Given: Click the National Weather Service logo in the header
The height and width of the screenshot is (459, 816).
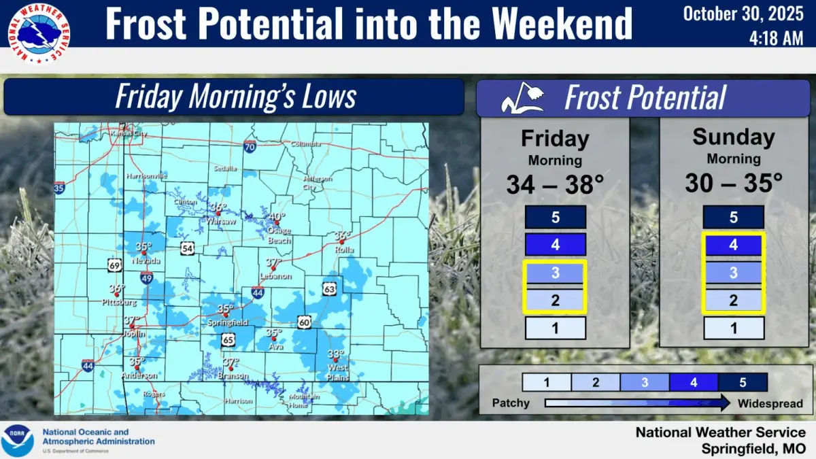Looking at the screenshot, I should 37,33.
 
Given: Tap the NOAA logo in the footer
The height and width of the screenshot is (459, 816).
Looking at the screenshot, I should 18,440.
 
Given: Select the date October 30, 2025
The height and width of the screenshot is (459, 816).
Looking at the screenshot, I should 743,13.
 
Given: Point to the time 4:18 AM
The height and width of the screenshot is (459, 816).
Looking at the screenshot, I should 777,39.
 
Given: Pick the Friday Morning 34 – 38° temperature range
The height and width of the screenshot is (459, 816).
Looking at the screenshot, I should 555,184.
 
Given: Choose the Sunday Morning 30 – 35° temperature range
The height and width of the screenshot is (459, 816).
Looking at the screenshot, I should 733,183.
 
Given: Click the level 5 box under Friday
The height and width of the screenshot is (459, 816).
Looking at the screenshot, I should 555,218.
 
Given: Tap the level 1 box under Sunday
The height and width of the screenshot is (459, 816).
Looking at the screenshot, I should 733,328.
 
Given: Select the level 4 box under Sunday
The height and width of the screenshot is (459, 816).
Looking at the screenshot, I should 733,245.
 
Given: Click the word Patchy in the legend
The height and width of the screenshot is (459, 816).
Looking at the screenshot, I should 511,403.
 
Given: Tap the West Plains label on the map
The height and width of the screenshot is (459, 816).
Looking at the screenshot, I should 337,372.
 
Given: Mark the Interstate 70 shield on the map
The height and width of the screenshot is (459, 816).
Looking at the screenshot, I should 250,146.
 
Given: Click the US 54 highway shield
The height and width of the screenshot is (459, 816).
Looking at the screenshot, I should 187,248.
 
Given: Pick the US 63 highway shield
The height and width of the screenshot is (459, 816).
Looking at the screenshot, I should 329,290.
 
